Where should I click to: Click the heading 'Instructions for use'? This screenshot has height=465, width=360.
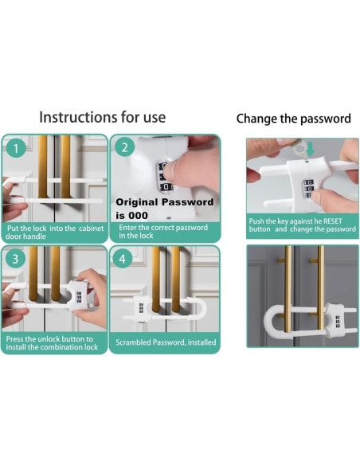click(103, 117)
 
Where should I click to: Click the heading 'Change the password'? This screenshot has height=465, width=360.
click(293, 119)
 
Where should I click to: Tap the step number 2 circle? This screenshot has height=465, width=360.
click(123, 147)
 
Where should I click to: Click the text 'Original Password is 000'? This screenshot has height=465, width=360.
click(164, 208)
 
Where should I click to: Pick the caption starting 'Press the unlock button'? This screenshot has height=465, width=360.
click(53, 343)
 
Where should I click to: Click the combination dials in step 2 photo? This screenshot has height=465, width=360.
click(166, 176)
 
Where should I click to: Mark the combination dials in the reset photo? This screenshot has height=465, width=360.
click(307, 190)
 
